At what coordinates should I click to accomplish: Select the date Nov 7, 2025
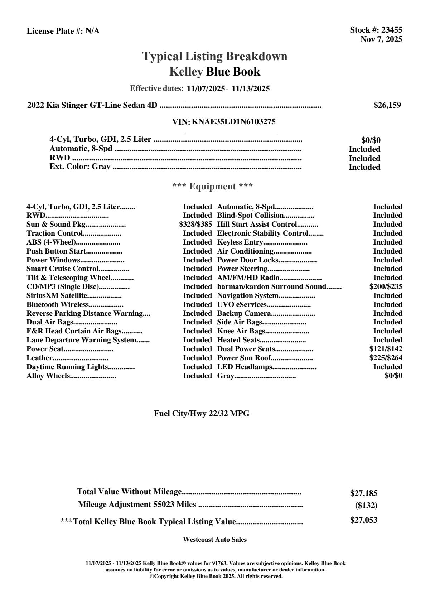coord(381,39)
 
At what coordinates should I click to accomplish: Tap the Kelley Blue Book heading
coord(214,72)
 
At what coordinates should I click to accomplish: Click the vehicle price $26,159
coord(387,105)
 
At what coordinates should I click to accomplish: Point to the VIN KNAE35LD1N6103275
coord(233,122)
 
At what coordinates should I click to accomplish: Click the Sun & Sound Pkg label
coord(56,225)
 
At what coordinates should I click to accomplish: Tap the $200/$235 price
coord(386,286)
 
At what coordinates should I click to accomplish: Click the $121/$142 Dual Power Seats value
coord(386,349)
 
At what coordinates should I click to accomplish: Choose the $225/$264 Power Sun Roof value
coord(386,358)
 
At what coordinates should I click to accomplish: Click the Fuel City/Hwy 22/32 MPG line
coord(202,414)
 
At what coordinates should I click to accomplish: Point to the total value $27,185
coord(363,493)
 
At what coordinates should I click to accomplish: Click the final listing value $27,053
coord(363,520)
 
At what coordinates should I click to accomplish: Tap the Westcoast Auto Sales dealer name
coord(214,540)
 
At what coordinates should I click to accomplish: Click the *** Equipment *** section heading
coord(213,187)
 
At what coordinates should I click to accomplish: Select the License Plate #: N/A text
coord(63,31)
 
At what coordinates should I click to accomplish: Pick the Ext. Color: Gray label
coord(80,167)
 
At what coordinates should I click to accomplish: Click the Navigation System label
coord(248,295)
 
